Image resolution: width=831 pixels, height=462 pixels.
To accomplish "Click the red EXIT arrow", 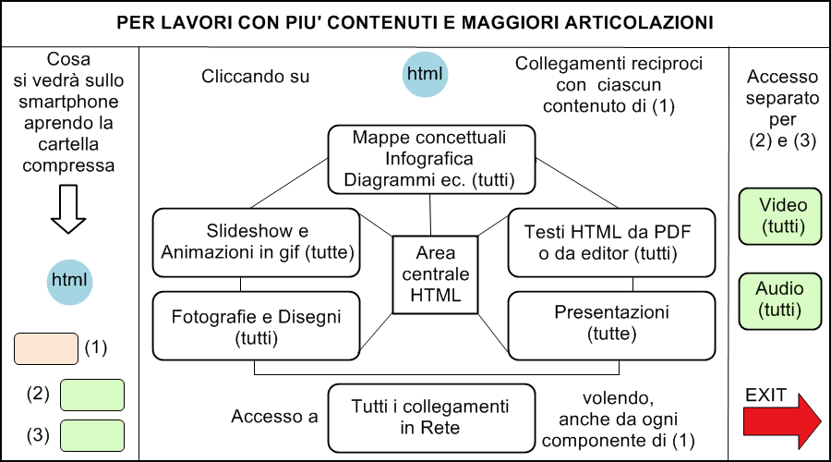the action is point(782,421).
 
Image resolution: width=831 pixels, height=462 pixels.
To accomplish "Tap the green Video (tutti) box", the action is point(780,216).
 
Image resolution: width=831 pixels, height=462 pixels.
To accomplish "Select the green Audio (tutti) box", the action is point(780,301).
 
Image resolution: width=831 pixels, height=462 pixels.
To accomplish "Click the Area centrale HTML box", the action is point(435,274).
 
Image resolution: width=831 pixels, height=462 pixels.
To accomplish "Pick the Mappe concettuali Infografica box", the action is point(431,159).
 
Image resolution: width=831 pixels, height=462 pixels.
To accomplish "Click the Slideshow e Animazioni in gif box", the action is point(257,242).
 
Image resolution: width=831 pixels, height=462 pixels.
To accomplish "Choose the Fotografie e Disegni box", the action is point(257,325).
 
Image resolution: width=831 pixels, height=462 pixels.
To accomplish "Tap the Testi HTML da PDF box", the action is point(611,242).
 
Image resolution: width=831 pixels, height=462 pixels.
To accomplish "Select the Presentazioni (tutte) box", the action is point(611,325).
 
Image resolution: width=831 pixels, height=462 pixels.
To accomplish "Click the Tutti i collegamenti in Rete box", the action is point(431,418).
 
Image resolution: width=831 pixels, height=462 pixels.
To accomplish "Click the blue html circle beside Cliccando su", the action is point(425,74).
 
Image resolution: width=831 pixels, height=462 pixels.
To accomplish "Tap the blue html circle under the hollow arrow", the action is point(69,282).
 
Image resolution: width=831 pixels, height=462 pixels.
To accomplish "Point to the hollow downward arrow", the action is point(68,209).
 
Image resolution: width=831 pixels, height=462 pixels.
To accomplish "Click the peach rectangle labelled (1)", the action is point(46,348).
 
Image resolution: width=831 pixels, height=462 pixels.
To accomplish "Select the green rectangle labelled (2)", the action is point(92,395).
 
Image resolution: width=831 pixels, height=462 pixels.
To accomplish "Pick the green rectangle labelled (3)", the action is point(92,435).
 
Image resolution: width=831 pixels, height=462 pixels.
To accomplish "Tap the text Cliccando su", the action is point(255,77).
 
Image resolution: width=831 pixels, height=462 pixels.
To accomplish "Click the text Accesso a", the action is point(274,417).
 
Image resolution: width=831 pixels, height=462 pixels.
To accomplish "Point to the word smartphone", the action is point(68,102).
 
